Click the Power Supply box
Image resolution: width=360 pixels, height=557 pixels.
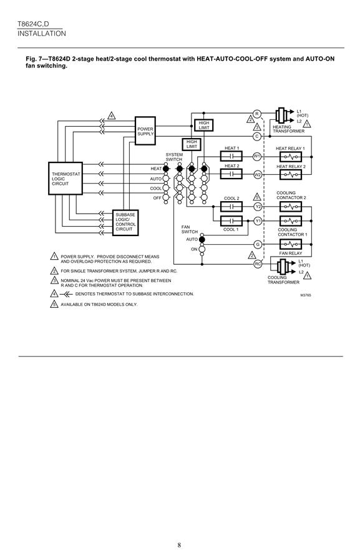[x=145, y=131]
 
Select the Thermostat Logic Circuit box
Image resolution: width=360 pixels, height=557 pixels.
[x=66, y=179]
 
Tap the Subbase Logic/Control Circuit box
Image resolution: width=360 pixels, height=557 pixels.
[x=125, y=222]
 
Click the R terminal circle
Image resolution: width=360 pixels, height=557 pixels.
[x=257, y=114]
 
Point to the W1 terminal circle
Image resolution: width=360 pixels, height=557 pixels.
[x=257, y=156]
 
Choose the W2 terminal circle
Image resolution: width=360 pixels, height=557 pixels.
[x=258, y=174]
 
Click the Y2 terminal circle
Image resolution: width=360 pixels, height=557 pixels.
[x=258, y=207]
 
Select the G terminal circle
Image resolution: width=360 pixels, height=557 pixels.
[x=258, y=244]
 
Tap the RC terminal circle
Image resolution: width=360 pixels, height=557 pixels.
[x=258, y=264]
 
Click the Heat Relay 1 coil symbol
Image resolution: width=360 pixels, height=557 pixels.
[x=291, y=157]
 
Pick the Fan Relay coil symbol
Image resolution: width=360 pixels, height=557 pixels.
[x=291, y=244]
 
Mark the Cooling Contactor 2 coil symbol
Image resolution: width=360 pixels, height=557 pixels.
[x=291, y=207]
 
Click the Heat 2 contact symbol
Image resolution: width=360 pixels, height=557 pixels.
[x=231, y=174]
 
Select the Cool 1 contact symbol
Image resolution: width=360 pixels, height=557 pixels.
[x=231, y=221]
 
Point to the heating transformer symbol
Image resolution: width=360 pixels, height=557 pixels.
[x=282, y=116]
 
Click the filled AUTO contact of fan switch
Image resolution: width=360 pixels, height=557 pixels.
[x=202, y=240]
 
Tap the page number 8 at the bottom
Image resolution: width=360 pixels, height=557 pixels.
[x=179, y=545]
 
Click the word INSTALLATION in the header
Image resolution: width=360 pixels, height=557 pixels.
[x=42, y=33]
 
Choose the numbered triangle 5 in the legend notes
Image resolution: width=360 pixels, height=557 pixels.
[x=54, y=304]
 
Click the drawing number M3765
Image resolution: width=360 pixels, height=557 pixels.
[x=306, y=295]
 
